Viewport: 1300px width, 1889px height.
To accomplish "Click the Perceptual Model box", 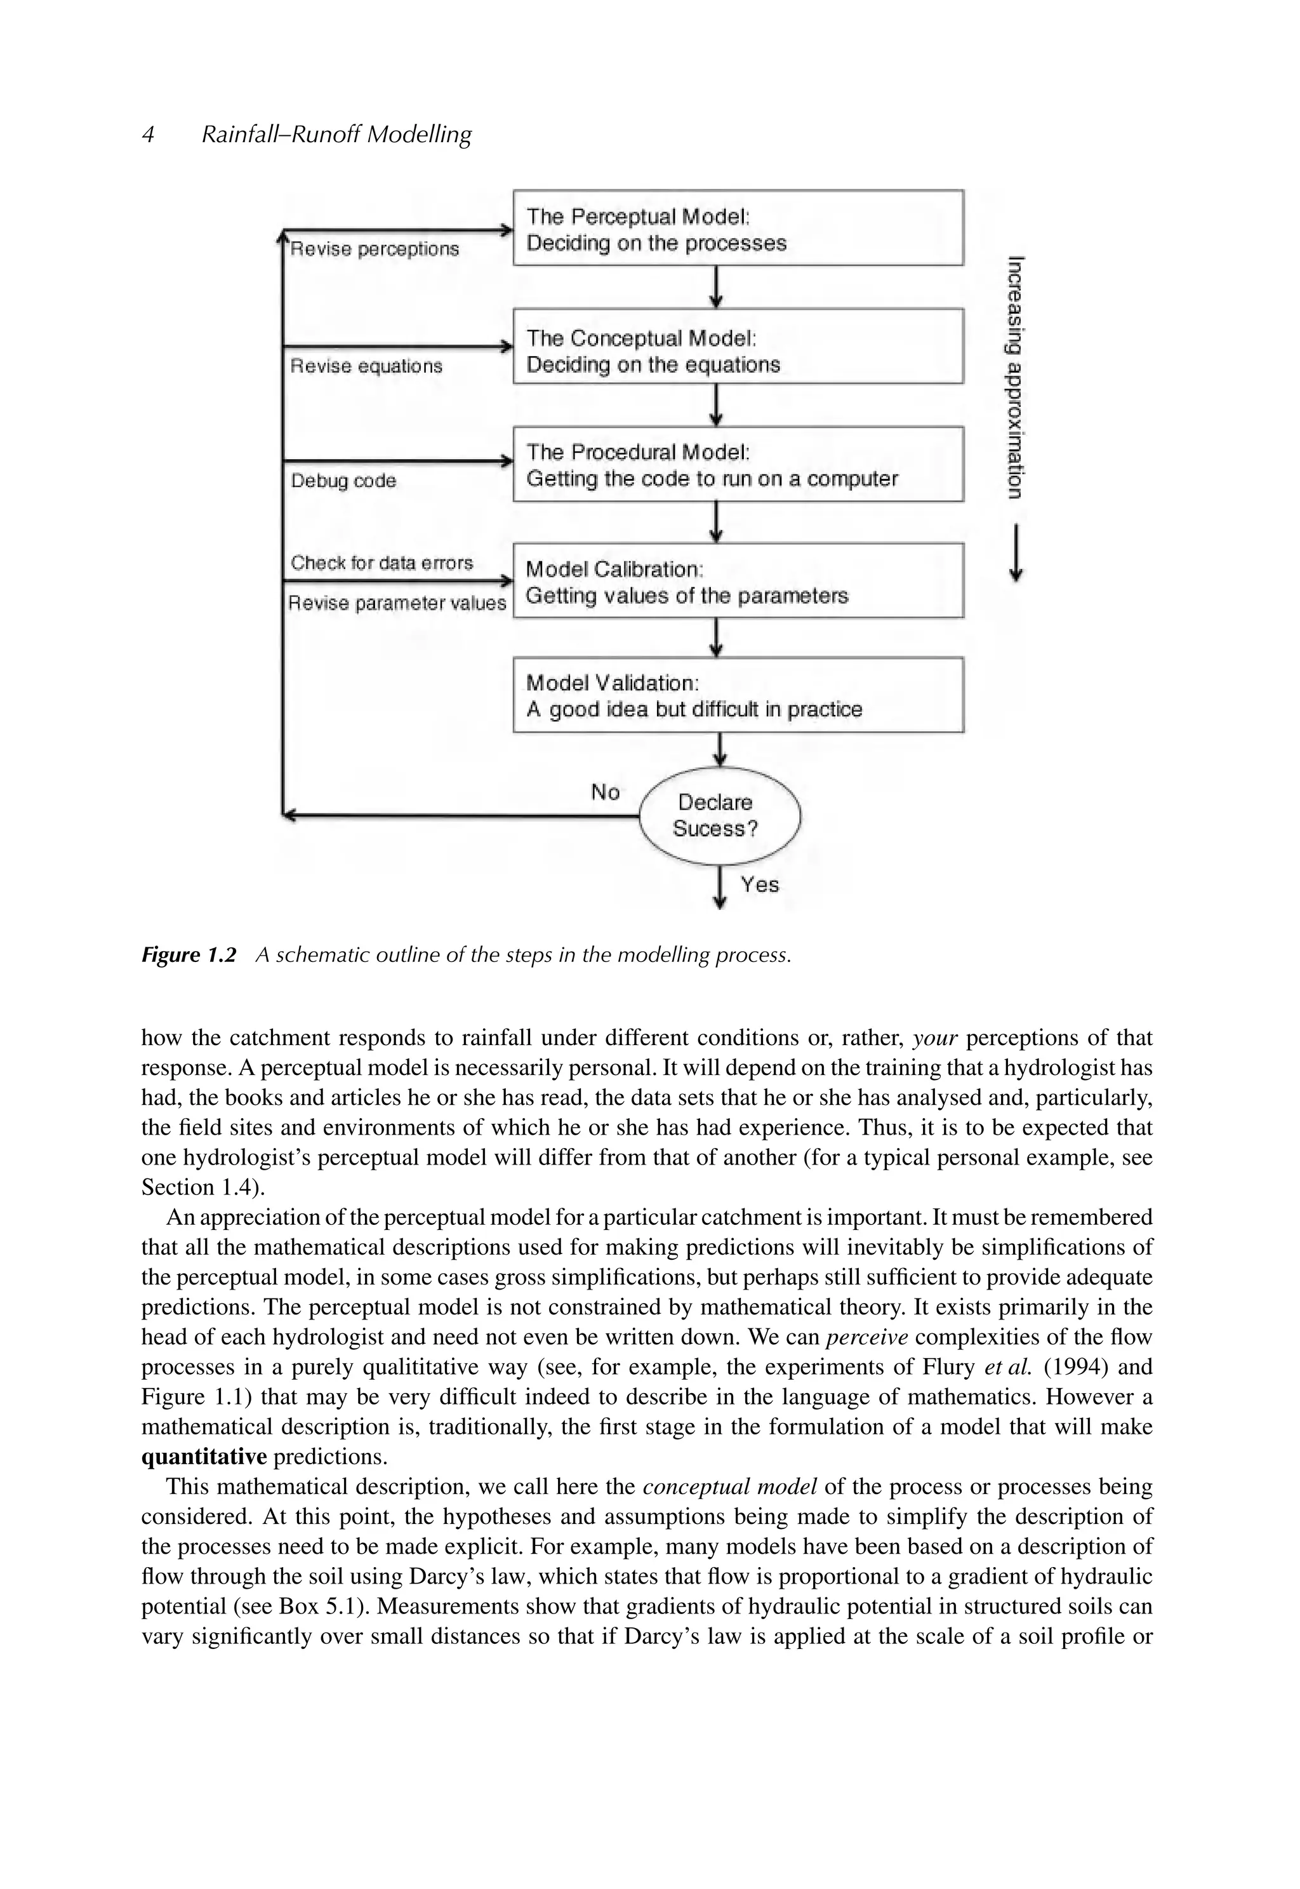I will point(738,228).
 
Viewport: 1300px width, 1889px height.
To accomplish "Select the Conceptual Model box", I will point(738,346).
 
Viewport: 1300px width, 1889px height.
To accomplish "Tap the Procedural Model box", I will point(738,464).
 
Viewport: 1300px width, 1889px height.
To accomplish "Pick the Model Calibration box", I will point(738,581).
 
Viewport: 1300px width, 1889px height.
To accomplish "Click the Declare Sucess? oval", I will point(720,815).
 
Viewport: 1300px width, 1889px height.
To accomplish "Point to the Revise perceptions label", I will point(375,250).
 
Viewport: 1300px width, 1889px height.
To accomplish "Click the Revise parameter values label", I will point(397,604).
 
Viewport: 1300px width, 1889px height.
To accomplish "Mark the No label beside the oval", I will point(605,792).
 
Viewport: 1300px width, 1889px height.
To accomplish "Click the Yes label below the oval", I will point(759,884).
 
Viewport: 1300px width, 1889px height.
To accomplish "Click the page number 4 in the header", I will point(149,135).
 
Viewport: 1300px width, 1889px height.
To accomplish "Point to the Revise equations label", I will point(366,366).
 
